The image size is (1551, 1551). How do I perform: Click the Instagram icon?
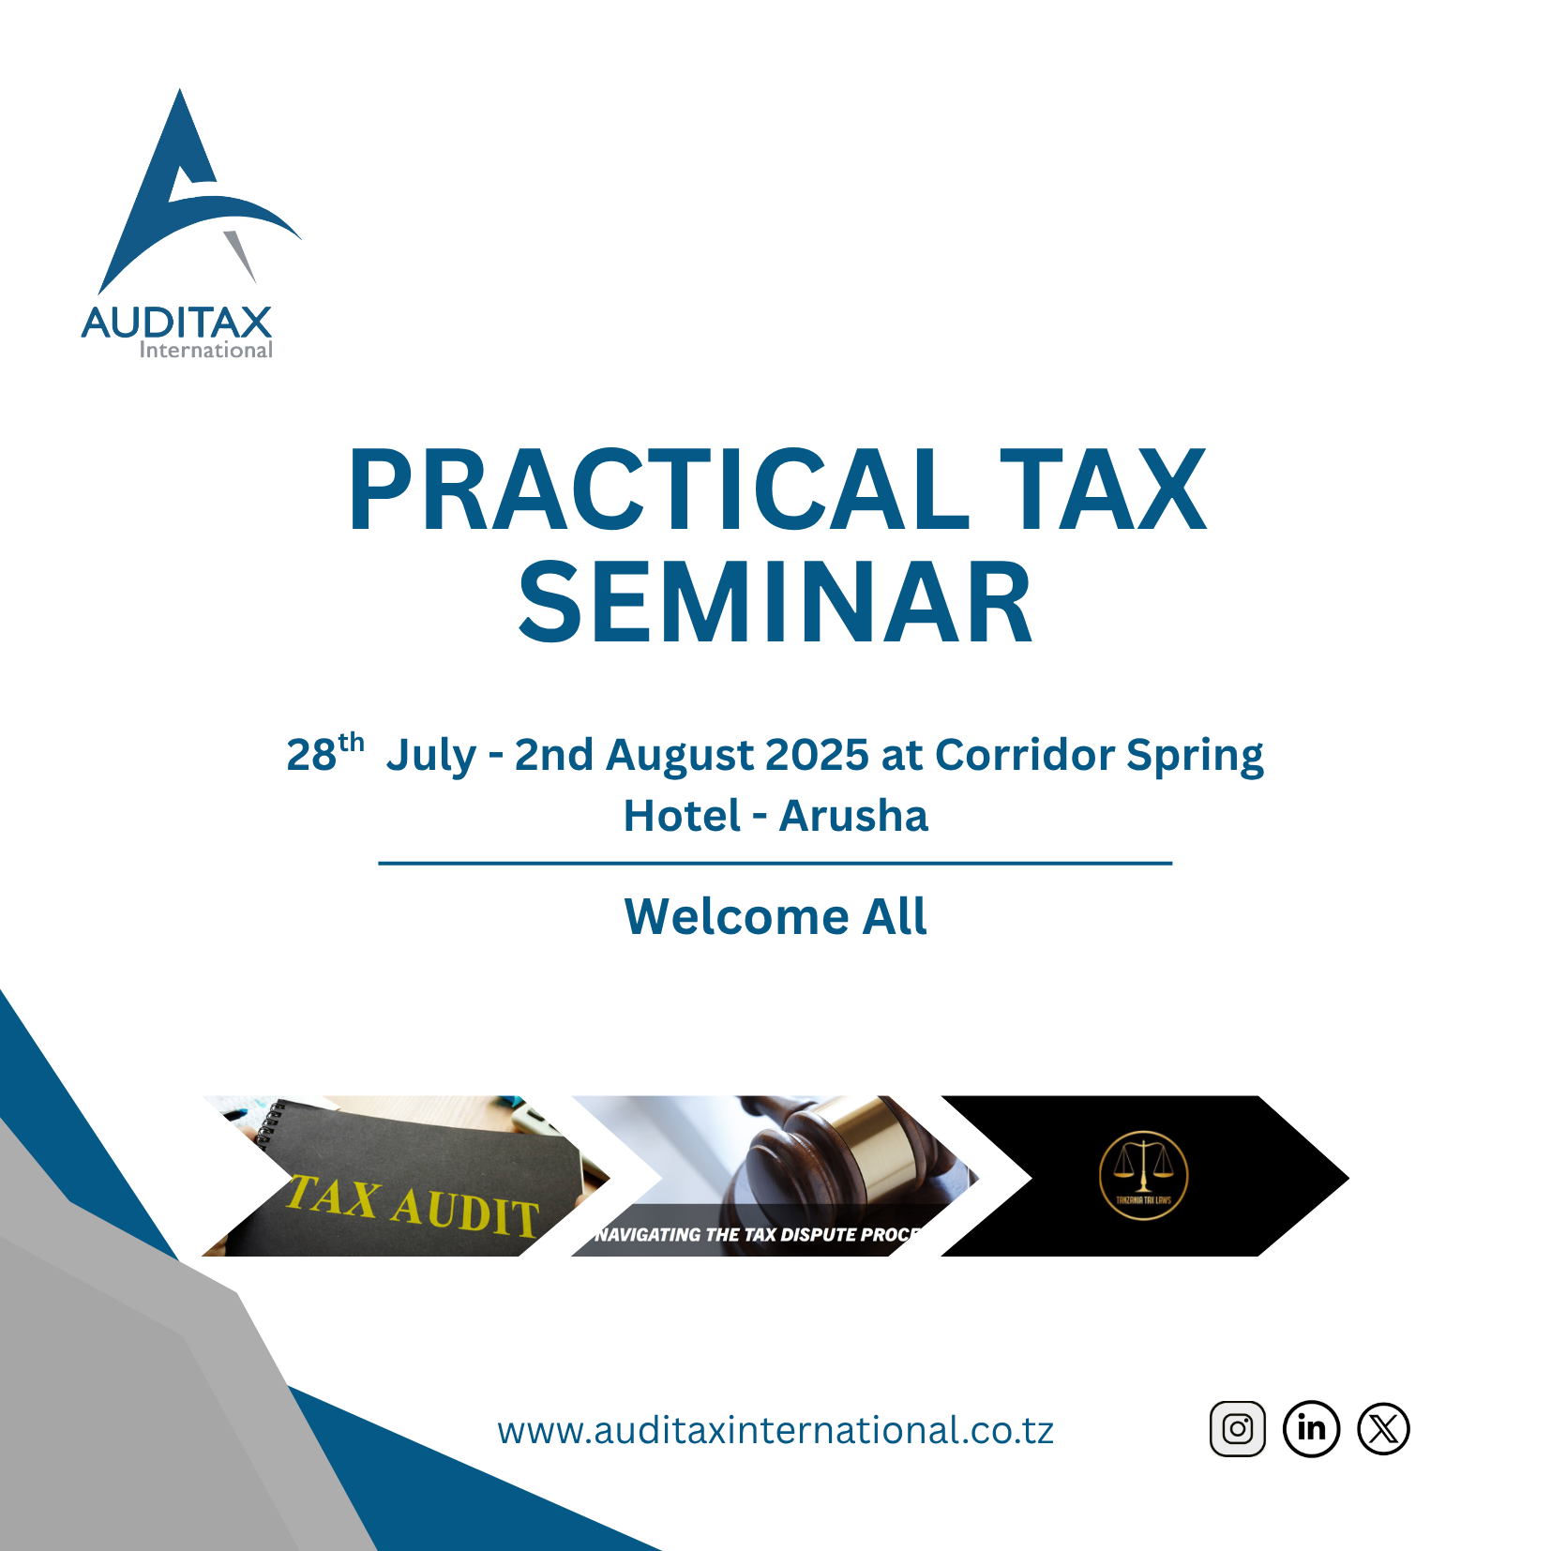[x=1237, y=1428]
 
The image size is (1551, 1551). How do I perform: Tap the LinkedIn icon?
[x=1311, y=1428]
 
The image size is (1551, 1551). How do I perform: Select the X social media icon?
[x=1383, y=1428]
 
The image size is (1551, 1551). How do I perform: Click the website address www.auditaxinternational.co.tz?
[x=775, y=1430]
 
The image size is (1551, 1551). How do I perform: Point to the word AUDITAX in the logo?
[x=176, y=323]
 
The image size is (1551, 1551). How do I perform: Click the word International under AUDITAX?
[x=205, y=351]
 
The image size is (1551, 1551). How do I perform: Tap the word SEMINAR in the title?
[x=775, y=602]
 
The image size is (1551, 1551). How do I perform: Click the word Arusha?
[x=853, y=816]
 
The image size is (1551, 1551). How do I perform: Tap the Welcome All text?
[x=775, y=916]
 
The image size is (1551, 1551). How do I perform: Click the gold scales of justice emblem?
[x=1143, y=1175]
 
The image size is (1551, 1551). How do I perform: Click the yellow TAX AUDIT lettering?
[x=413, y=1205]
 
